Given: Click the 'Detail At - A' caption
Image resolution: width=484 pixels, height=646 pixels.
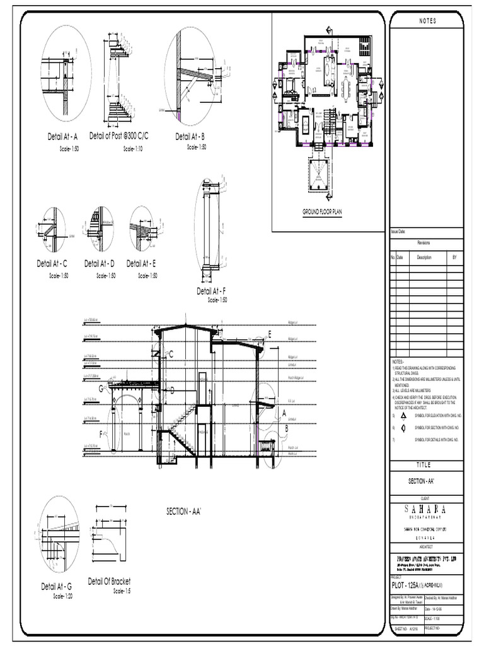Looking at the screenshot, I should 62,136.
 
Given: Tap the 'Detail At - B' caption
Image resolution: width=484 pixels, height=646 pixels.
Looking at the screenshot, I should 190,136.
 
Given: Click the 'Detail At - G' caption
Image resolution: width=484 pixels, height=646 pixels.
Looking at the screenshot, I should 57,586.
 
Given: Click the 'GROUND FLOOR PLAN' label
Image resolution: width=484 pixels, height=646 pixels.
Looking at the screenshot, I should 322,213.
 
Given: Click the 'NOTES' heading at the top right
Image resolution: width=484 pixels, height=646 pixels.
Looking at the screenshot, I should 427,21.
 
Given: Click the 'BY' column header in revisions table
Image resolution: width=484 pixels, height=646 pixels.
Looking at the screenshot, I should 455,257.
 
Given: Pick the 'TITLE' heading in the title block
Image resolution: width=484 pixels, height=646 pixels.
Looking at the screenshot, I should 427,464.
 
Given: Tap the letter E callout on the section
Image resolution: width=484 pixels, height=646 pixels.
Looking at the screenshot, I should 269,334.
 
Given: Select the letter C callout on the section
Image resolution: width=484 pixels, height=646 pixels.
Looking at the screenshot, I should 171,355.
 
